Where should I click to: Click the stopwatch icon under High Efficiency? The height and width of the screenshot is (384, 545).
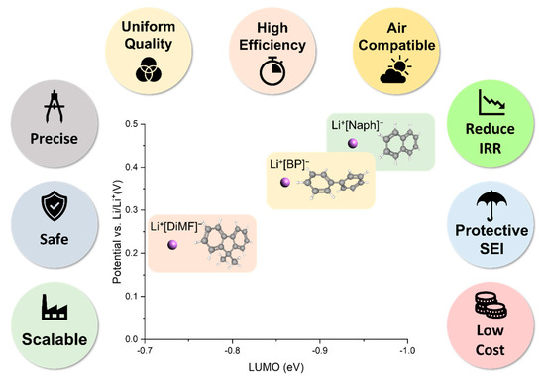(x=272, y=70)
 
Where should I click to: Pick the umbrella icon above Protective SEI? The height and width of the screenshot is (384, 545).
(x=493, y=204)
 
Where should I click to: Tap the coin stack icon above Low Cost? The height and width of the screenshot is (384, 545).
(x=493, y=303)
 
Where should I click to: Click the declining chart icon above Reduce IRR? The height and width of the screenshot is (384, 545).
(x=493, y=103)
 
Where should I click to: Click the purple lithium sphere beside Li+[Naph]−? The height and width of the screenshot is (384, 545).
(x=352, y=144)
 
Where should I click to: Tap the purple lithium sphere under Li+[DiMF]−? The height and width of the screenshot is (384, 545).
(x=172, y=244)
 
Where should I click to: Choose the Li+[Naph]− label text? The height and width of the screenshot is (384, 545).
(x=362, y=125)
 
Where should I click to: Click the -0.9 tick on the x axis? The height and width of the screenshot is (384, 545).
(x=319, y=351)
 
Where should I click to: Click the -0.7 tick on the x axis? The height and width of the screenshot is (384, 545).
(x=145, y=351)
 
